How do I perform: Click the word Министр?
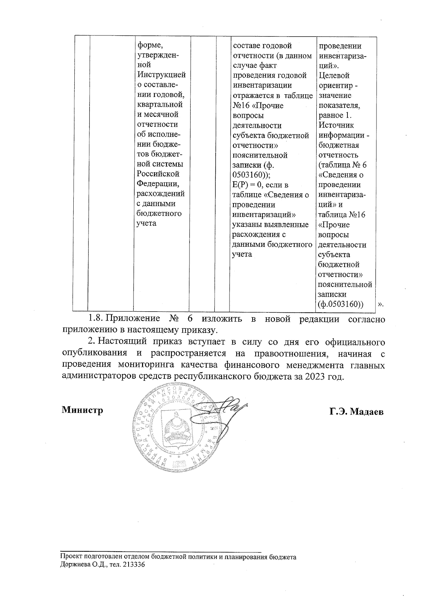83,410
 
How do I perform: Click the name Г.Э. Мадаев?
356,412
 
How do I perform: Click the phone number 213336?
134,565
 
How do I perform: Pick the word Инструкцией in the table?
161,75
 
